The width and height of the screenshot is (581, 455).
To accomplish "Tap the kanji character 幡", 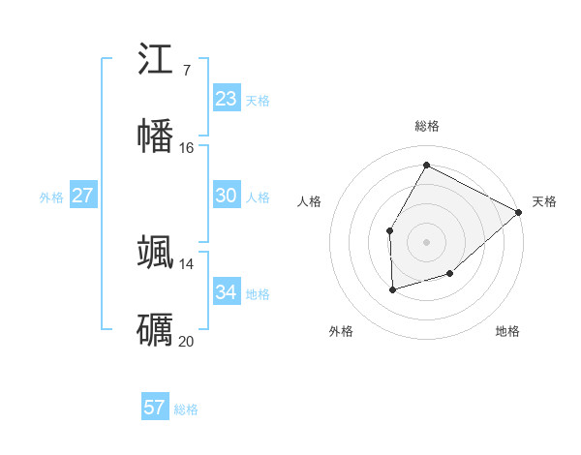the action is click(156, 136).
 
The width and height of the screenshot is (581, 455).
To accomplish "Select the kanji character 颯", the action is click(156, 253).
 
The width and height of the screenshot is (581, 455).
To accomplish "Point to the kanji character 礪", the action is click(156, 329).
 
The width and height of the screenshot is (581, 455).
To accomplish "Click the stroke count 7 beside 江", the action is click(186, 71).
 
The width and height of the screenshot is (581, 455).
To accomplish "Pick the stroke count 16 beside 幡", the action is click(186, 147).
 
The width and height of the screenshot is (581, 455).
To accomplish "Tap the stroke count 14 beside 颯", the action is click(186, 264).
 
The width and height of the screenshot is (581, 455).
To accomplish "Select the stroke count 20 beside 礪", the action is click(186, 341).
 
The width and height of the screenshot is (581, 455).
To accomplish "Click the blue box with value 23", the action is click(226, 99).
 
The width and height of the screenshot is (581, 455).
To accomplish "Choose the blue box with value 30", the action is click(226, 196).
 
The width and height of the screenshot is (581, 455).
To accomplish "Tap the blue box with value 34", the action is click(226, 291).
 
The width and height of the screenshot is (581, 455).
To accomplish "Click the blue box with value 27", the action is click(82, 196).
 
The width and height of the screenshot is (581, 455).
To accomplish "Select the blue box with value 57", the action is click(154, 408).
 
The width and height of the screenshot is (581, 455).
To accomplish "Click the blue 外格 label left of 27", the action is click(51, 197).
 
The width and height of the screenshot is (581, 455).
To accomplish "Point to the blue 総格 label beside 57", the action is click(186, 409).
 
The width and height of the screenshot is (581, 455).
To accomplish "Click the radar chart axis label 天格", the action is click(544, 201).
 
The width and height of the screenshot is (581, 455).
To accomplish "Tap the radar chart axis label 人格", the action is click(310, 201).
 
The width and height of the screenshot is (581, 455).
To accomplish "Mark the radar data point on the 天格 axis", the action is click(519, 212).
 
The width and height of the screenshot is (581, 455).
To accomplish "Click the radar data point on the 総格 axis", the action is click(426, 165).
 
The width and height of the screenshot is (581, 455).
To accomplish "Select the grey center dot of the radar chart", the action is click(426, 241).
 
